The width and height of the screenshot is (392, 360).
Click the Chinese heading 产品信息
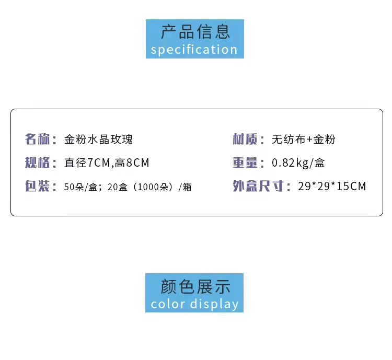coord(195,31)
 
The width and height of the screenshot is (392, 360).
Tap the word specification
coord(194,50)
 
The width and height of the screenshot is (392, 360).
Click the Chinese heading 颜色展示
coord(195,286)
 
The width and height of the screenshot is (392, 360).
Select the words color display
coord(194,304)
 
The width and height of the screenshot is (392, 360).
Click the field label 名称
coord(37,140)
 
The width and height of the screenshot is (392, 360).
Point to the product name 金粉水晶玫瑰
coord(98,140)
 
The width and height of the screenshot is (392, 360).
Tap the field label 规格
coord(37,163)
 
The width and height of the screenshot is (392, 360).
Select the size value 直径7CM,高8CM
coord(107,163)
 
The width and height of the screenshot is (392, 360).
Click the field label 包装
coord(37,187)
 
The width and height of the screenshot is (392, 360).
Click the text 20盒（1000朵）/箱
coord(149,187)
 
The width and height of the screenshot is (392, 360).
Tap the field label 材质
coord(245,140)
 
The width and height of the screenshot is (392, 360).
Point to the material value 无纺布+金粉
coord(304,140)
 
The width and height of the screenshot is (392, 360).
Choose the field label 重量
coord(245,163)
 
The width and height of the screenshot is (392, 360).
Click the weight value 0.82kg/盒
coord(298,163)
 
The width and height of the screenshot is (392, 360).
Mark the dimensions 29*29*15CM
coord(332,187)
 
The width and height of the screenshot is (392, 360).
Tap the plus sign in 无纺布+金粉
coord(309,140)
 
